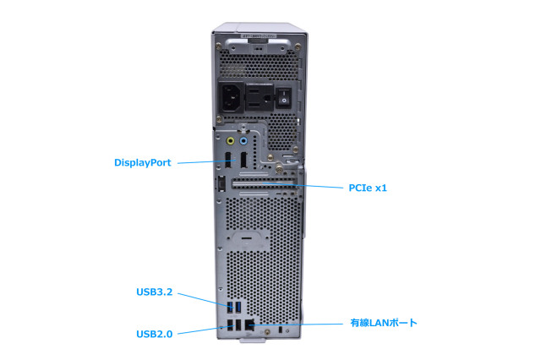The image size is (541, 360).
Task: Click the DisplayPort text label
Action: tap(143, 162)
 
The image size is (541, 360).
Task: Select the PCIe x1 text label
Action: tap(368, 188)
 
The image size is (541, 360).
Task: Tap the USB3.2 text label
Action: tap(154, 292)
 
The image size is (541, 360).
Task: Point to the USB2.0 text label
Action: tap(154, 334)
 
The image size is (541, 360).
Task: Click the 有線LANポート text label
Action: tap(384, 323)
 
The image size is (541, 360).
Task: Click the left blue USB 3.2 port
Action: tap(229, 307)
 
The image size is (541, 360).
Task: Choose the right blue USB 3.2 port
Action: tap(238, 307)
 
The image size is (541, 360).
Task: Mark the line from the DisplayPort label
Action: tap(203, 161)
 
